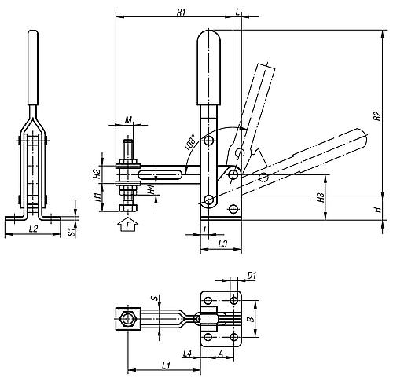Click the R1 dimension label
pos(181,12)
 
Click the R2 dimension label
pos(376,116)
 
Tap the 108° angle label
pos(191,143)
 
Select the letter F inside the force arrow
pos(128,225)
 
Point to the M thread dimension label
pos(128,120)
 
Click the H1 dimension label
pos(97,196)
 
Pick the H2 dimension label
pos(97,174)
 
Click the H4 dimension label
pos(151,190)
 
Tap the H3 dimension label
pos(321,198)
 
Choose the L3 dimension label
pos(222,244)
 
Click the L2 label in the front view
pos(33,229)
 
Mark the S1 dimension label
pos(70,232)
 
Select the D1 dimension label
pos(252,275)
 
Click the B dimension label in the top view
pos(251,319)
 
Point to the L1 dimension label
pos(166,365)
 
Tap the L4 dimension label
pos(188,354)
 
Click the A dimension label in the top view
pos(221,354)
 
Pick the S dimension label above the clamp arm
pos(155,298)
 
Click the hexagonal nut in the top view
pos(128,319)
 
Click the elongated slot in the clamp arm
pos(160,174)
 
